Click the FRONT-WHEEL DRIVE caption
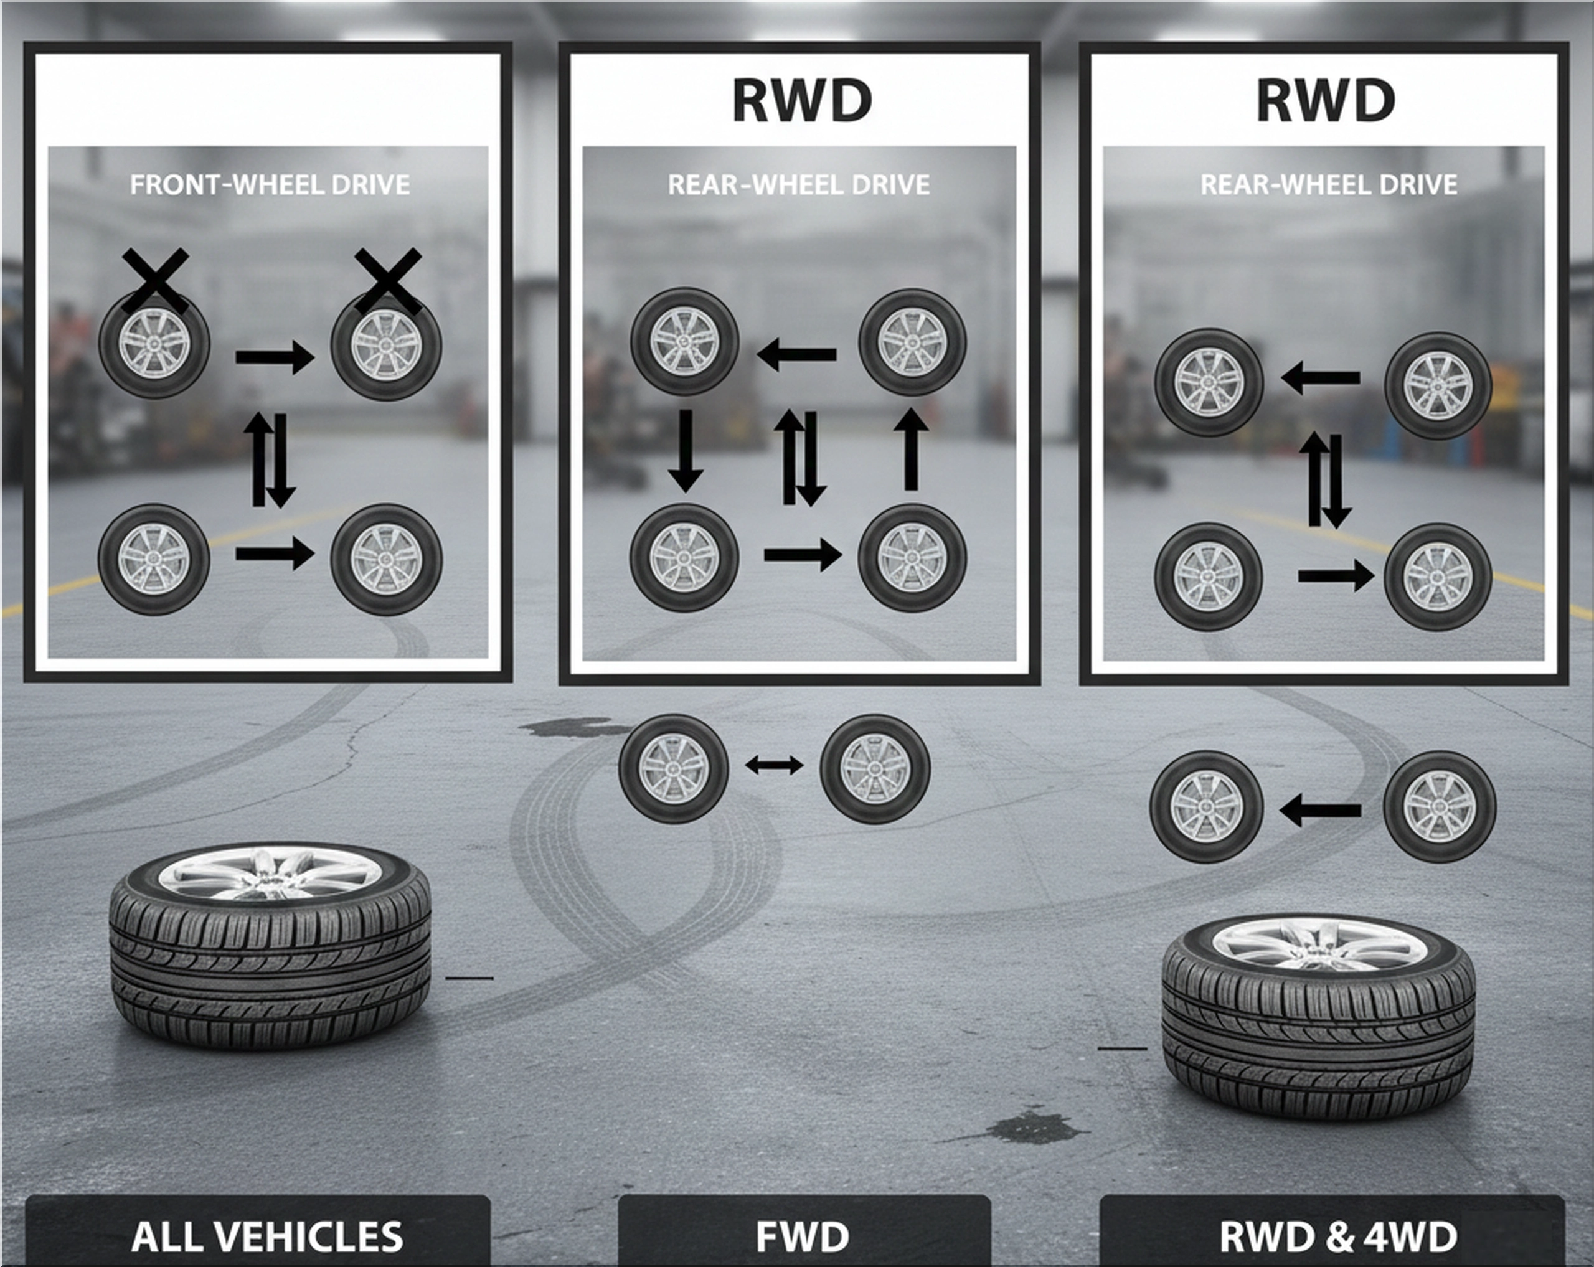point(270,184)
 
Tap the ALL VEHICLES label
point(267,1236)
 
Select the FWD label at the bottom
point(802,1236)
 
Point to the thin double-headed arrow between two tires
point(774,766)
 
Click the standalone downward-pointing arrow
point(686,450)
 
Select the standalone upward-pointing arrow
point(911,450)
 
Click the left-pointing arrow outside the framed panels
point(1319,811)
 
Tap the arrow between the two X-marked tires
point(275,358)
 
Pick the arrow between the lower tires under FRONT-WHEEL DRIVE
point(275,553)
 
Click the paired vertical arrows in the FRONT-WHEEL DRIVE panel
point(273,459)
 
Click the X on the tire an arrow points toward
point(388,281)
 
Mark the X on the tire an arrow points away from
point(155,281)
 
